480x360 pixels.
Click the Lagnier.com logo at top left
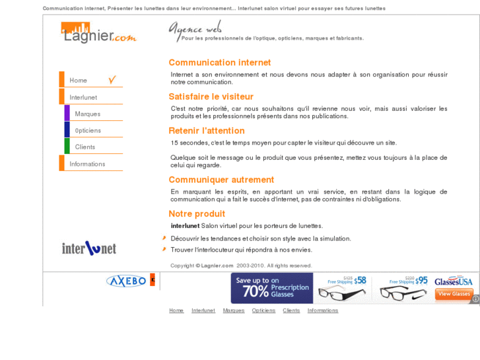98,33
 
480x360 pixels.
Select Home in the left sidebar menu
79,81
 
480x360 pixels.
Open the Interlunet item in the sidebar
83,98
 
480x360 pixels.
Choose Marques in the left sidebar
88,114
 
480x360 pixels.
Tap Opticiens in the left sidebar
88,131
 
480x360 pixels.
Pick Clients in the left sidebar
85,147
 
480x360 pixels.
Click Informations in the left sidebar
87,164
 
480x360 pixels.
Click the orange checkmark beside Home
112,80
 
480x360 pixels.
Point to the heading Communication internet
219,63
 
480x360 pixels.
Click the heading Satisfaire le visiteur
211,97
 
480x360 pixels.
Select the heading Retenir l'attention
206,131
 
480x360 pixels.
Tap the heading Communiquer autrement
221,180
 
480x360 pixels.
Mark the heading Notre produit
196,214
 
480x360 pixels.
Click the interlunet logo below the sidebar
88,248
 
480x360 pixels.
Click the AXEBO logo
126,281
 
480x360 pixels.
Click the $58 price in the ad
360,281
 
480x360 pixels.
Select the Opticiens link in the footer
263,310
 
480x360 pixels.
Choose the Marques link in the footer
233,310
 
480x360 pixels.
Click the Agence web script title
195,28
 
